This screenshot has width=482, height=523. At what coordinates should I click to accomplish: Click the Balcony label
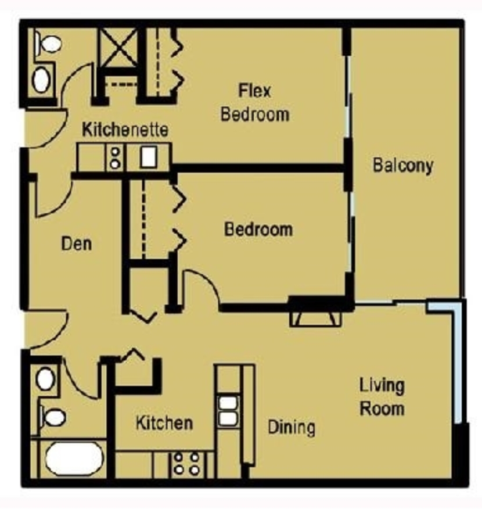(x=402, y=166)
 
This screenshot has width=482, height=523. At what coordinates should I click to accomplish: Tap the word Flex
(x=255, y=91)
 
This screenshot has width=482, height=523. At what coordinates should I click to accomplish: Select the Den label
(x=76, y=243)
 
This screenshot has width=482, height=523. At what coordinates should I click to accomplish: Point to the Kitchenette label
(x=125, y=130)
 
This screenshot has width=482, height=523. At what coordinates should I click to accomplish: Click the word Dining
(x=292, y=427)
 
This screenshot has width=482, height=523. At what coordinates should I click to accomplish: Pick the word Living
(x=382, y=386)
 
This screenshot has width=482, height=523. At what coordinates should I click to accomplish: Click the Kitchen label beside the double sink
(x=164, y=423)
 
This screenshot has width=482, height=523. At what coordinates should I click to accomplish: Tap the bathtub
(x=74, y=458)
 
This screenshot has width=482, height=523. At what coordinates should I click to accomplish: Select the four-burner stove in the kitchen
(x=187, y=464)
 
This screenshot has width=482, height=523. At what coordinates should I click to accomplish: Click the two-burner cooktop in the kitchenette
(x=115, y=157)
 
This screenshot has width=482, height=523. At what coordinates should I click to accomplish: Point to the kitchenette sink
(x=149, y=156)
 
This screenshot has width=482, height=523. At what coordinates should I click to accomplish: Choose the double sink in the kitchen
(x=228, y=411)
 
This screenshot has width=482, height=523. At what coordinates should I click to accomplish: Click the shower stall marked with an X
(x=119, y=48)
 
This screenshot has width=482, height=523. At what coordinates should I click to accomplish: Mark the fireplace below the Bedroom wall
(x=315, y=319)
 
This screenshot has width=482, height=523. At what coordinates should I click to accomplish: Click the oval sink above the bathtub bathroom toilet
(x=45, y=379)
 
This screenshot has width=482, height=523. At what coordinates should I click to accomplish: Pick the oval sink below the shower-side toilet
(x=41, y=80)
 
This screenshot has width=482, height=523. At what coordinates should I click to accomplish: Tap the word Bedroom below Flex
(x=255, y=114)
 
